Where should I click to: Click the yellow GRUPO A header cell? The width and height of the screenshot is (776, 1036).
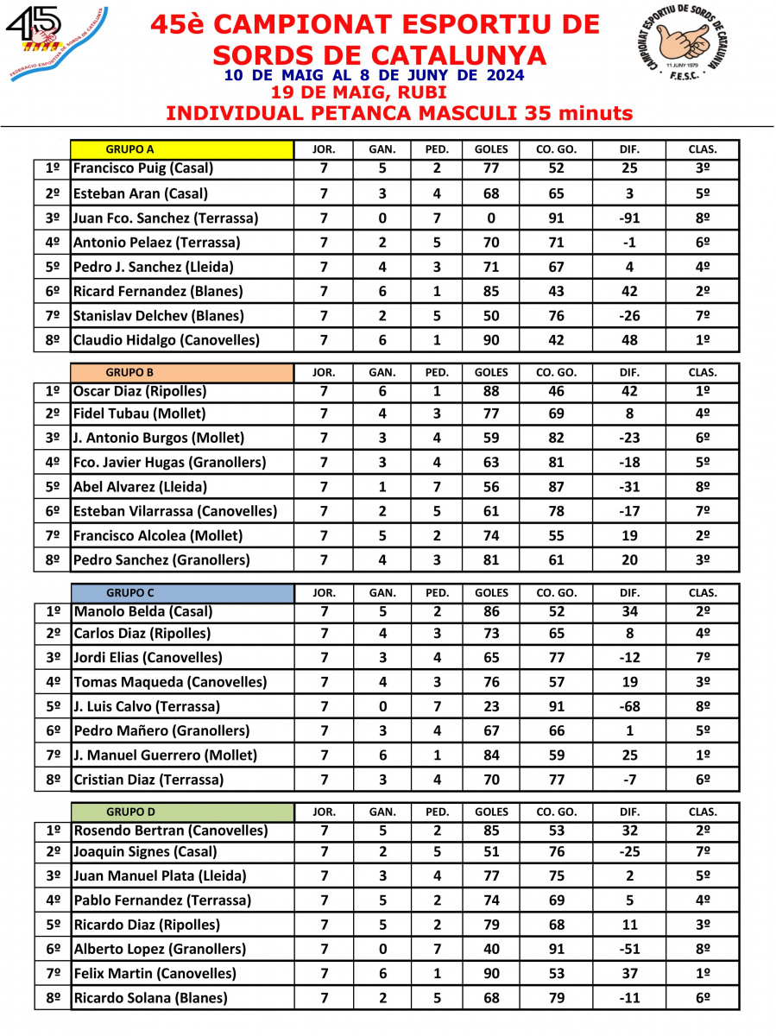[181, 148]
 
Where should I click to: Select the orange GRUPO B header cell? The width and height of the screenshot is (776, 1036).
[181, 373]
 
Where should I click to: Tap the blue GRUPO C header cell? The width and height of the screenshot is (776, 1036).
[181, 593]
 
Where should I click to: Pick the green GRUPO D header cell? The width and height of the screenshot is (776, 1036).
[181, 812]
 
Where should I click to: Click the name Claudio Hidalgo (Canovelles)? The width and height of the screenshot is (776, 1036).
[167, 340]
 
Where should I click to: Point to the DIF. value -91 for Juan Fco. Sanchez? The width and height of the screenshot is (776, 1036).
[629, 218]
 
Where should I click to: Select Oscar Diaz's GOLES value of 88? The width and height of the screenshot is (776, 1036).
[491, 390]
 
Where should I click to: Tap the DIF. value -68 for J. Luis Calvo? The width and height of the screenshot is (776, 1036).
[629, 706]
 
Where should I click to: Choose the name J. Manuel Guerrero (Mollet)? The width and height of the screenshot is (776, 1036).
[166, 755]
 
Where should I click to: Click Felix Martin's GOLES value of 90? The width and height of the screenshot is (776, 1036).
[491, 974]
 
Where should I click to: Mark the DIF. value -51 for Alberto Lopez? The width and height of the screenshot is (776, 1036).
[629, 950]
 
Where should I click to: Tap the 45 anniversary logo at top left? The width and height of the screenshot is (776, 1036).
[54, 41]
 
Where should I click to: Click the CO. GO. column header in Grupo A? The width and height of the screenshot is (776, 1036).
[557, 149]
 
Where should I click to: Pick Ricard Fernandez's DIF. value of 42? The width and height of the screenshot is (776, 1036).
[629, 292]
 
